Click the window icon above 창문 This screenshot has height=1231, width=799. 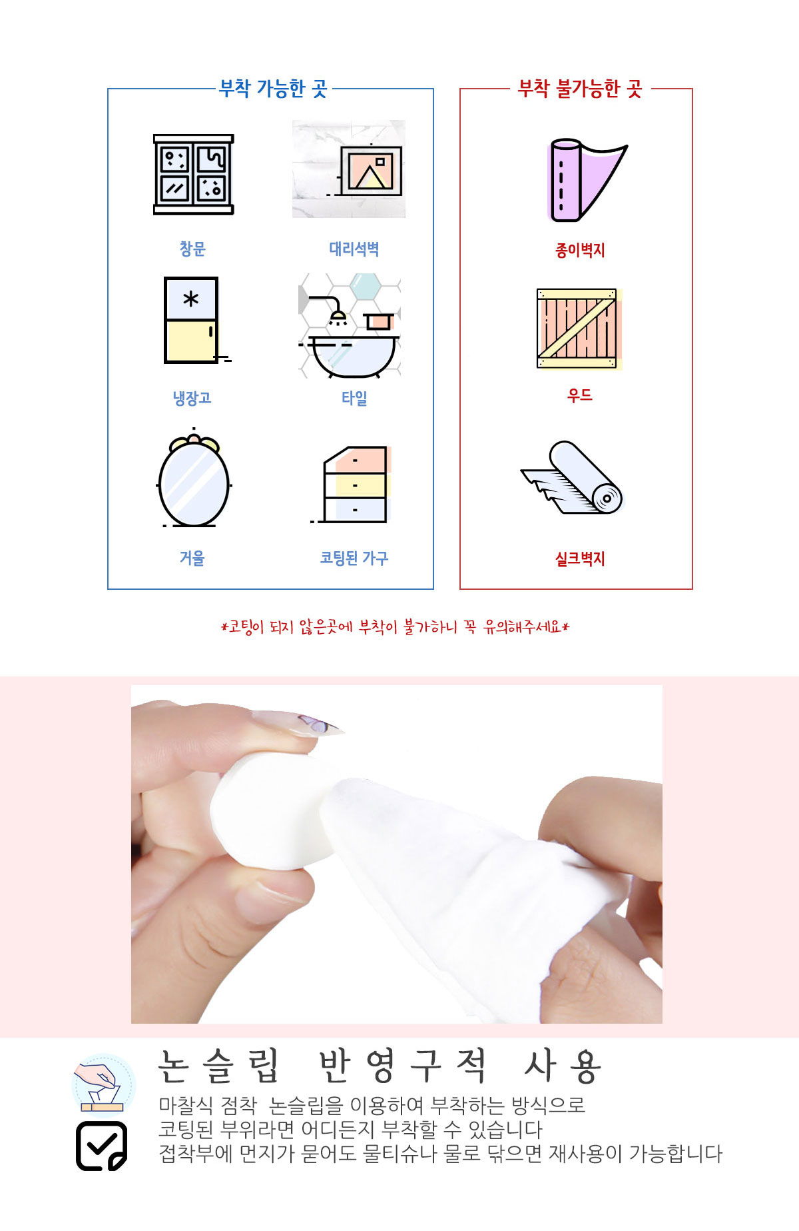click(x=194, y=174)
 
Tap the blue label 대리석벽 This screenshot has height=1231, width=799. click(x=354, y=249)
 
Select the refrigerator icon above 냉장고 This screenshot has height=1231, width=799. click(x=193, y=320)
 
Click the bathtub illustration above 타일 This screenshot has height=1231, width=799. click(x=350, y=326)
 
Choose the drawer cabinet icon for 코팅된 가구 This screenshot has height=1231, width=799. click(x=352, y=485)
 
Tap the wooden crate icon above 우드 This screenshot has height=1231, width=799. click(x=579, y=329)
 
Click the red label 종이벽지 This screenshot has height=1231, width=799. click(x=580, y=250)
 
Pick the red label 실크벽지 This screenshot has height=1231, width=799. click(x=580, y=559)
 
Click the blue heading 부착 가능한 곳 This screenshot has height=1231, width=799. click(x=273, y=89)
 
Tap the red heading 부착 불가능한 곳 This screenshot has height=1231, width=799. click(x=580, y=89)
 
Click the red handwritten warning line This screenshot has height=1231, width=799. click(x=396, y=626)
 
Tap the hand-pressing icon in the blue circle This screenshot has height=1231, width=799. click(x=103, y=1085)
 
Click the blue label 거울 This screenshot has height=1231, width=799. click(x=192, y=558)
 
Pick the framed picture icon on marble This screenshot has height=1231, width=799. click(x=349, y=169)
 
